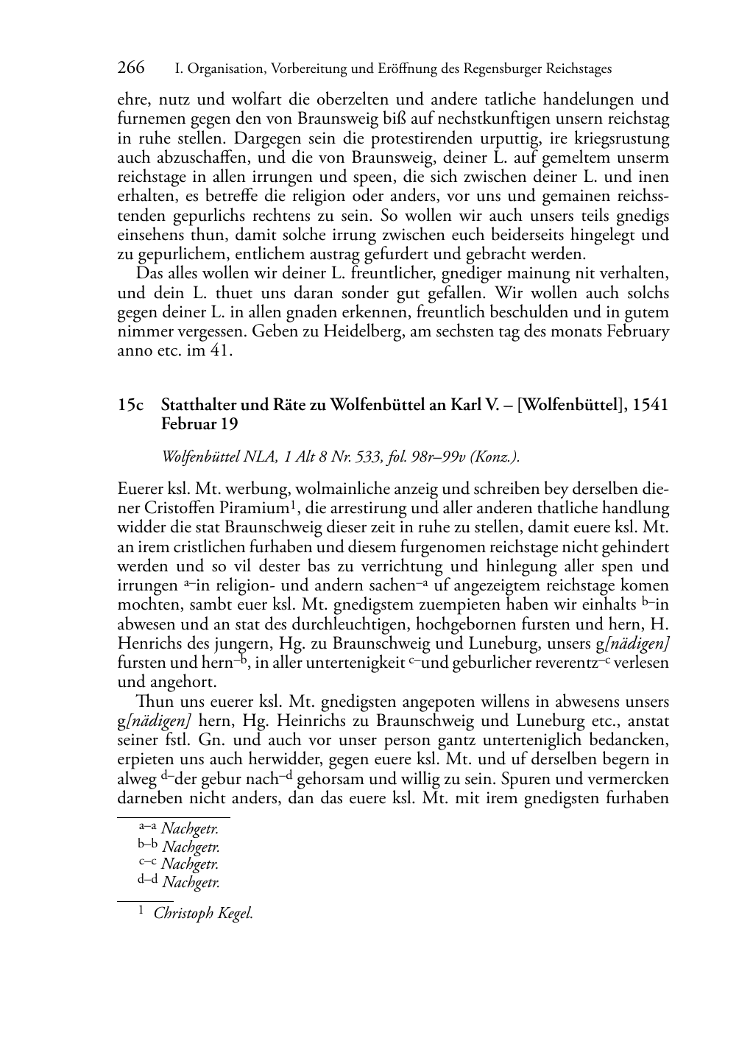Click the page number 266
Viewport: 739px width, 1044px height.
(131, 68)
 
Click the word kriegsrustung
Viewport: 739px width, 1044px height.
(623, 138)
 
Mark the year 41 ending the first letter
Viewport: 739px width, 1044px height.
(222, 350)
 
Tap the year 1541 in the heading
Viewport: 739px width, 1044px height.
(649, 405)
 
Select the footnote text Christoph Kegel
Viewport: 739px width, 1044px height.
(203, 914)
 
